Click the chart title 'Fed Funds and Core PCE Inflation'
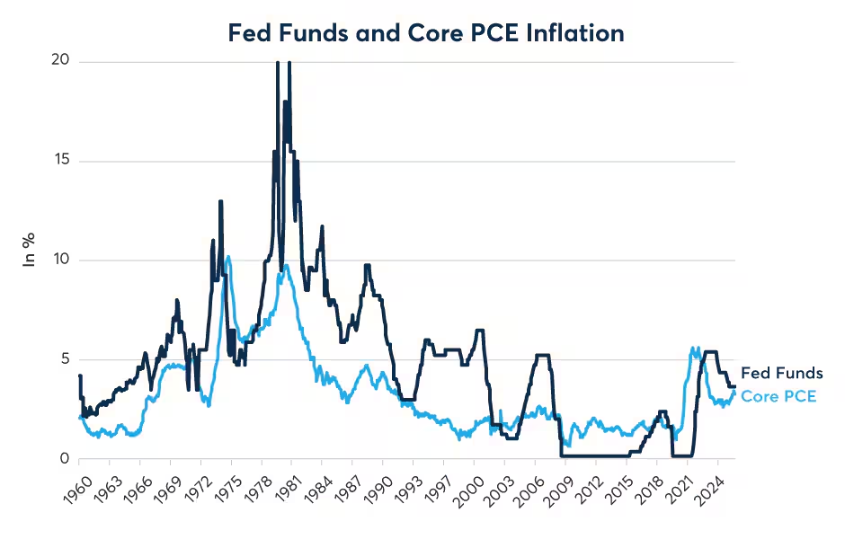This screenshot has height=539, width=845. (x=426, y=33)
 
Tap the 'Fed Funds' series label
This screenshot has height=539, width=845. (x=781, y=373)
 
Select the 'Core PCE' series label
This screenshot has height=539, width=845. (x=778, y=396)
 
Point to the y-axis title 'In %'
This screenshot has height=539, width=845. (x=29, y=250)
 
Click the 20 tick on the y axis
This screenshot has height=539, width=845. (x=60, y=60)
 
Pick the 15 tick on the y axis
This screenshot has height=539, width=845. (x=61, y=159)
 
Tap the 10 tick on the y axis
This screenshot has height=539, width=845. (x=61, y=259)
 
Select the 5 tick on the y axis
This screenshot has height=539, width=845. (x=66, y=358)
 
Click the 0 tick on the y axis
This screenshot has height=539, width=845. (x=66, y=458)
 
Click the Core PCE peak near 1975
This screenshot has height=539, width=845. (x=228, y=257)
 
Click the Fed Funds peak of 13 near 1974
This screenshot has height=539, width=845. (x=220, y=201)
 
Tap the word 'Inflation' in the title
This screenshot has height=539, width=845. (x=575, y=33)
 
